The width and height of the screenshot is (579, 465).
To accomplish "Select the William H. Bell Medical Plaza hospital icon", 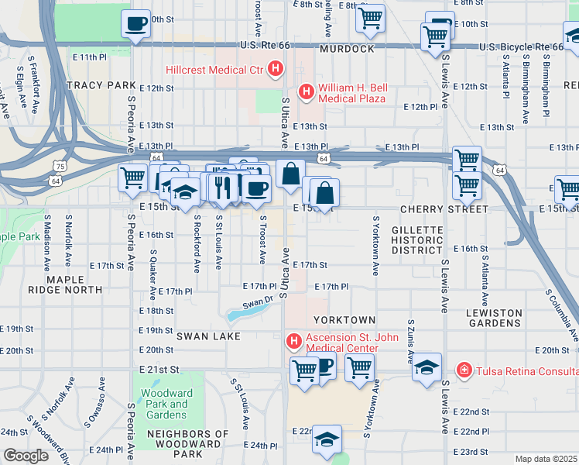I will click(x=307, y=92).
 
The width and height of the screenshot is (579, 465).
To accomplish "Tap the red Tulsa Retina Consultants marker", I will click(x=464, y=370).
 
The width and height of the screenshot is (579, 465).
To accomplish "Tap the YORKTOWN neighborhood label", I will click(x=344, y=320).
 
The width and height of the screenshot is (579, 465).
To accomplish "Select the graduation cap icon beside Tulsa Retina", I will click(x=427, y=367).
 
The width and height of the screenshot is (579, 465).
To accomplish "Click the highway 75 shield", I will click(x=60, y=166).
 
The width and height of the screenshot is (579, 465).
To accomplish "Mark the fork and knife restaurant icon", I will click(x=224, y=188).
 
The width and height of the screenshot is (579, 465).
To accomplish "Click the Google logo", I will click(x=26, y=456).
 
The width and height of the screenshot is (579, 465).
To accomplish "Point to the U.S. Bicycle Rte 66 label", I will click(x=520, y=47).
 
